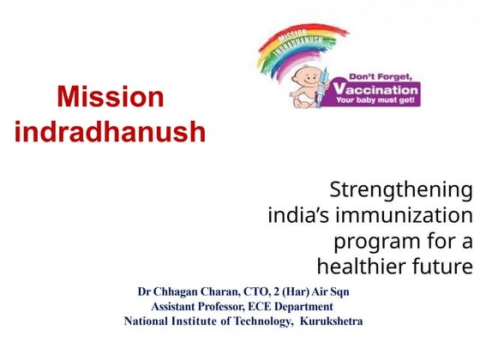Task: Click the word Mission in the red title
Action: (110, 97)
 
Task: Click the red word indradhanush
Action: (110, 132)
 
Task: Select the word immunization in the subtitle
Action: (417, 214)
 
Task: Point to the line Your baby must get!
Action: (377, 100)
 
